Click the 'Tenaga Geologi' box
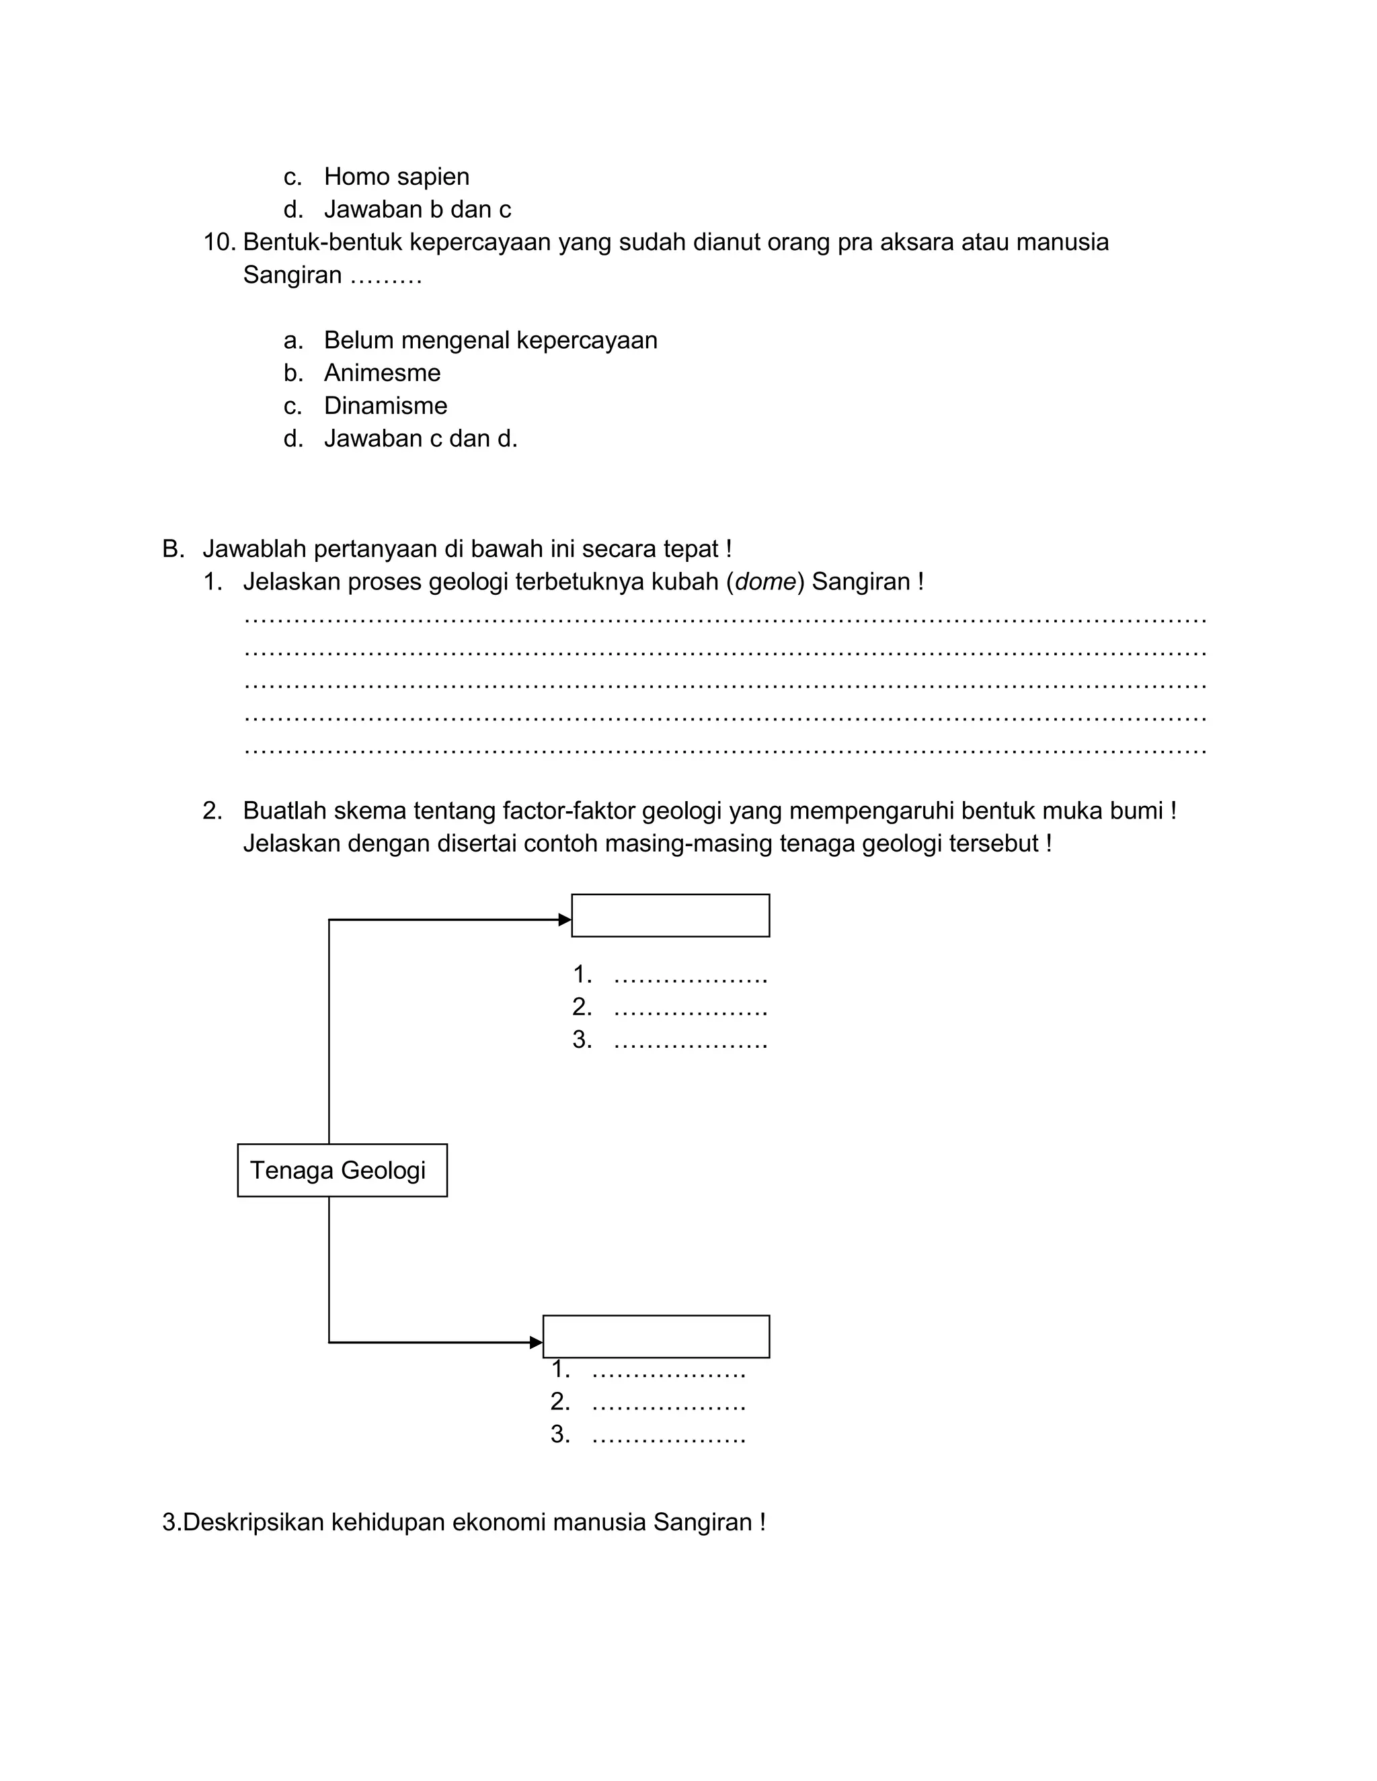point(342,1170)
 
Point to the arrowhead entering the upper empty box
point(565,920)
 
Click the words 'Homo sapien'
point(397,176)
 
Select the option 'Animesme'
point(382,373)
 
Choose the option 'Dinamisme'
point(385,405)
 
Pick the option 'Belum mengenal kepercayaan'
point(490,340)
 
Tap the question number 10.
point(219,242)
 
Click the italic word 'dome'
point(765,581)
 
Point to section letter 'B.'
point(173,549)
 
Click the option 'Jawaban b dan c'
point(417,210)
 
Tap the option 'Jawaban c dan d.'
point(420,439)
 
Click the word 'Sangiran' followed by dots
point(292,275)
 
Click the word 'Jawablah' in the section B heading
point(253,549)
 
